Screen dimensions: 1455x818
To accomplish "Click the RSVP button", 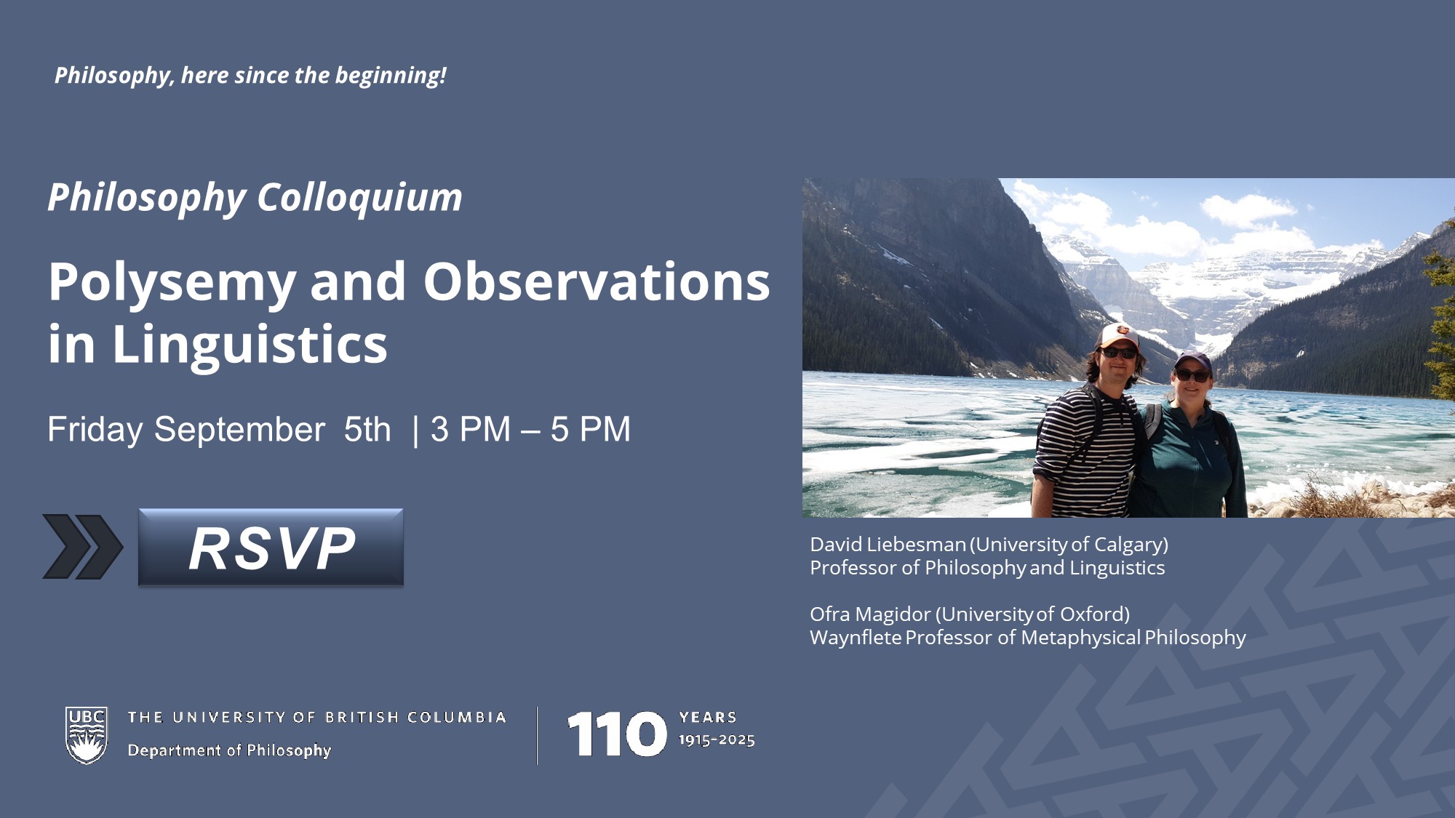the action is [x=271, y=547].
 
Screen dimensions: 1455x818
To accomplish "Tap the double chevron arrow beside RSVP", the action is [x=82, y=547].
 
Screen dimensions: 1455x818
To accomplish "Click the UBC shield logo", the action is [x=87, y=735].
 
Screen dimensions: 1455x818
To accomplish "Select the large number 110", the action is [x=616, y=734].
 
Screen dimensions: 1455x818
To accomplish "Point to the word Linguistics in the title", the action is [x=250, y=345].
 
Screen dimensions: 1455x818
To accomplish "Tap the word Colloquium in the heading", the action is [x=359, y=198].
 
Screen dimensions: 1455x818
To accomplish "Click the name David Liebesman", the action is [x=888, y=545].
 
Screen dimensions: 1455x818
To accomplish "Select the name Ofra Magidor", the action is [x=869, y=614].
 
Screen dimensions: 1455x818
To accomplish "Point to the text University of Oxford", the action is [x=1032, y=614].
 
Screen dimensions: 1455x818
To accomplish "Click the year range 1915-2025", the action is [x=717, y=740].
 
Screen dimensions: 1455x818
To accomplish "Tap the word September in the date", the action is [x=239, y=430].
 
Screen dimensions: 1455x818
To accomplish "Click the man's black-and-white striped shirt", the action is [x=1085, y=451].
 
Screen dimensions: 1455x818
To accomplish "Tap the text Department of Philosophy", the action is [x=229, y=750].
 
